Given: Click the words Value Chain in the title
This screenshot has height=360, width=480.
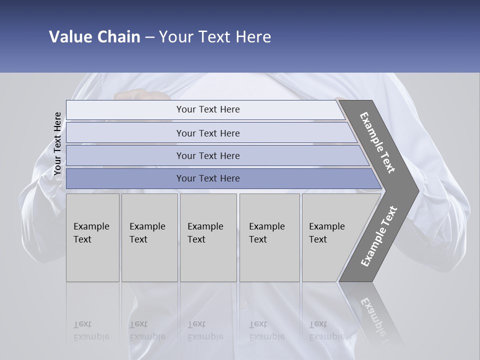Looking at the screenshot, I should pyautogui.click(x=94, y=37).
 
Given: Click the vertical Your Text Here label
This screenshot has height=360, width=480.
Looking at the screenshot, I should pyautogui.click(x=57, y=144).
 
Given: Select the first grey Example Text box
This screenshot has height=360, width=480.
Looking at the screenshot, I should pyautogui.click(x=92, y=237).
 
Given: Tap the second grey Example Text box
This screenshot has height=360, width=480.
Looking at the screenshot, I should pyautogui.click(x=149, y=237).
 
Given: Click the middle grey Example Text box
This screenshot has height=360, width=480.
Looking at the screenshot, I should pyautogui.click(x=208, y=237).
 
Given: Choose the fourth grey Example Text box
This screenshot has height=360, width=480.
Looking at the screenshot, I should pyautogui.click(x=269, y=237).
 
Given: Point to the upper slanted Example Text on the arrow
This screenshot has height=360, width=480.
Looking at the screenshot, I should pyautogui.click(x=377, y=142).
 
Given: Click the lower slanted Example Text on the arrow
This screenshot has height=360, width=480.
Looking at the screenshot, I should pyautogui.click(x=379, y=236).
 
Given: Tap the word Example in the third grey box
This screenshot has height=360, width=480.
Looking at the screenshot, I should pyautogui.click(x=205, y=226).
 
